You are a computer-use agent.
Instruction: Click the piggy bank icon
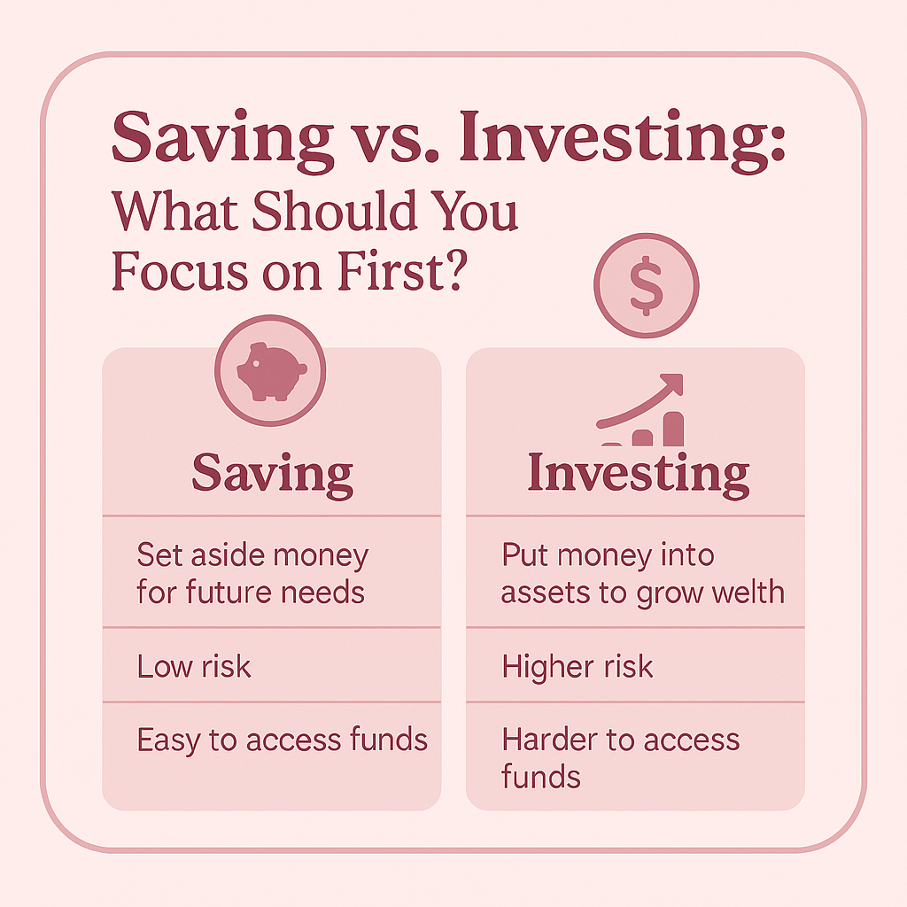270,372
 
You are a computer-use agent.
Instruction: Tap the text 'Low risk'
194,666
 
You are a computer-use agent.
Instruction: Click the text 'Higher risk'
578,666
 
